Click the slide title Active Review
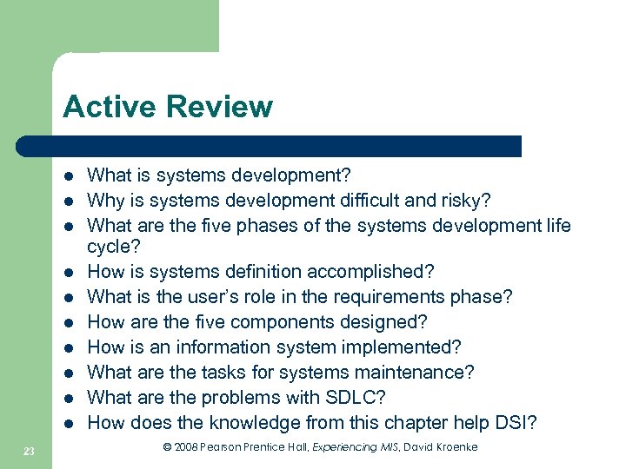pyautogui.click(x=167, y=107)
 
